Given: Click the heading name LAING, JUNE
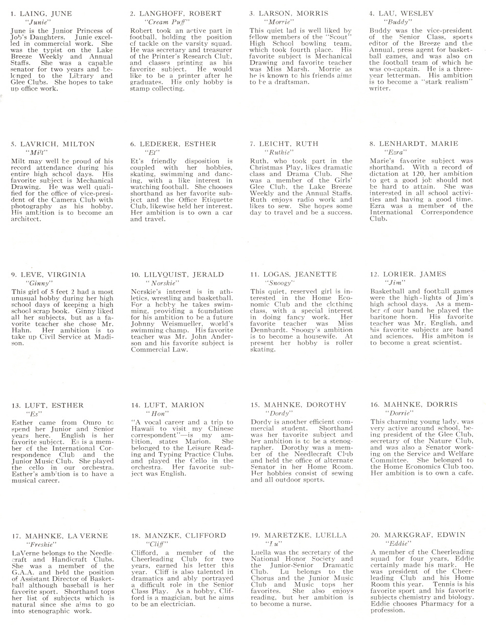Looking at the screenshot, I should click(x=45, y=14).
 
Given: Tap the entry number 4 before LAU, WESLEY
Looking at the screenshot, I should click(x=372, y=14).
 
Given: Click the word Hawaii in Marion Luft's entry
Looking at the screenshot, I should click(x=143, y=429).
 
